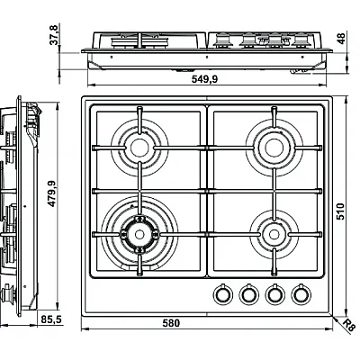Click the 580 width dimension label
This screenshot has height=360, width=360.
coord(171,323)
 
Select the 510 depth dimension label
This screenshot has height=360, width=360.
coord(340,211)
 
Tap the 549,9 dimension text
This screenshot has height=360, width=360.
coord(204,79)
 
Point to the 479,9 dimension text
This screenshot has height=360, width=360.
coord(52,193)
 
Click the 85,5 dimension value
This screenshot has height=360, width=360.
coord(51,319)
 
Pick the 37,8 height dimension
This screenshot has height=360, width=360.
coord(53,35)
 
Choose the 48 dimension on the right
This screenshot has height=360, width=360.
coord(341,39)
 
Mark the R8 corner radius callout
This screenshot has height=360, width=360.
coord(348,325)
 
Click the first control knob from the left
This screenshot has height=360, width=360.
coord(222,293)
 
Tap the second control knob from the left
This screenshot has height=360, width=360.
coord(248,293)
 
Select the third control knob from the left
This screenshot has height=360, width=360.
coord(274,293)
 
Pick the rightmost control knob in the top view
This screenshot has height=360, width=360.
coord(301,293)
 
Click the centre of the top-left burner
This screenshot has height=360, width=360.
coord(139,148)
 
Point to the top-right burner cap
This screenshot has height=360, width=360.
coord(274,148)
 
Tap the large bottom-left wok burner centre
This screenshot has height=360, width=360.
coord(139,234)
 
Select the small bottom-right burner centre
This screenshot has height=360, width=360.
coord(274,234)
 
